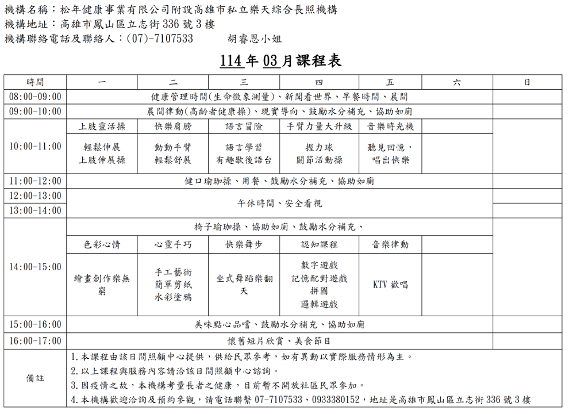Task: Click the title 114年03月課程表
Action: click(280, 61)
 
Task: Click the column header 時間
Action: click(35, 82)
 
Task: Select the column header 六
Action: click(456, 82)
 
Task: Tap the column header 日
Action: click(527, 82)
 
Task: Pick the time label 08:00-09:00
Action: click(35, 97)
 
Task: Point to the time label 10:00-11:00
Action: click(35, 147)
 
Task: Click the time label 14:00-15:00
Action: click(35, 267)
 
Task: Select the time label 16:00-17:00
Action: click(35, 340)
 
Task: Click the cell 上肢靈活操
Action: click(102, 126)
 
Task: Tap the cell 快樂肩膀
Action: click(173, 126)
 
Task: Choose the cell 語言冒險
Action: click(244, 126)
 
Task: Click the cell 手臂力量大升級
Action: click(319, 126)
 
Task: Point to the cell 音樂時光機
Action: click(390, 126)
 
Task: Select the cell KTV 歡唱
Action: click(390, 284)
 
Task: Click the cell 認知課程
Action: click(319, 244)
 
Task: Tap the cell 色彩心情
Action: click(102, 244)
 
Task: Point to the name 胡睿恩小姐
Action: click(254, 39)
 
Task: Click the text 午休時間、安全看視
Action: click(279, 203)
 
